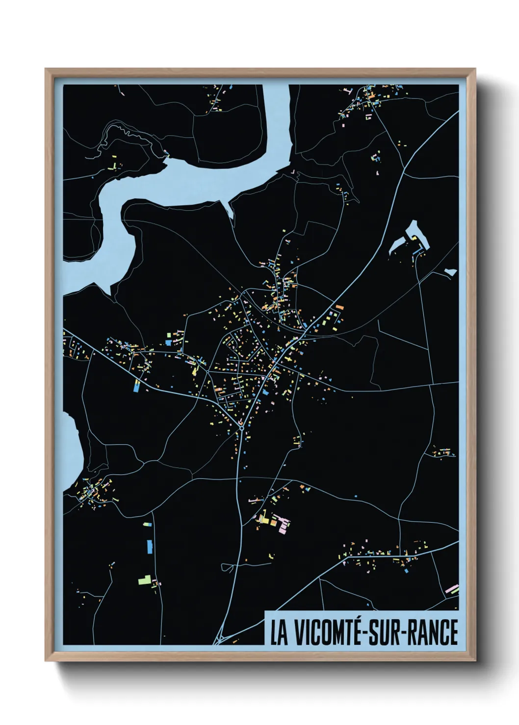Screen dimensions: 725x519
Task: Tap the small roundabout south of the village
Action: [242, 428]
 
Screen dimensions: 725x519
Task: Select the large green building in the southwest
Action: [144, 580]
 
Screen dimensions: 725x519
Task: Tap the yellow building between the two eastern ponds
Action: [415, 239]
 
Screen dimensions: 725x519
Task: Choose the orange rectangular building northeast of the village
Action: [339, 308]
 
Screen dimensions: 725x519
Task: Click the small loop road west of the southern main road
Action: [227, 567]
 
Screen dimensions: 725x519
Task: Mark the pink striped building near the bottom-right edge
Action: [451, 588]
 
